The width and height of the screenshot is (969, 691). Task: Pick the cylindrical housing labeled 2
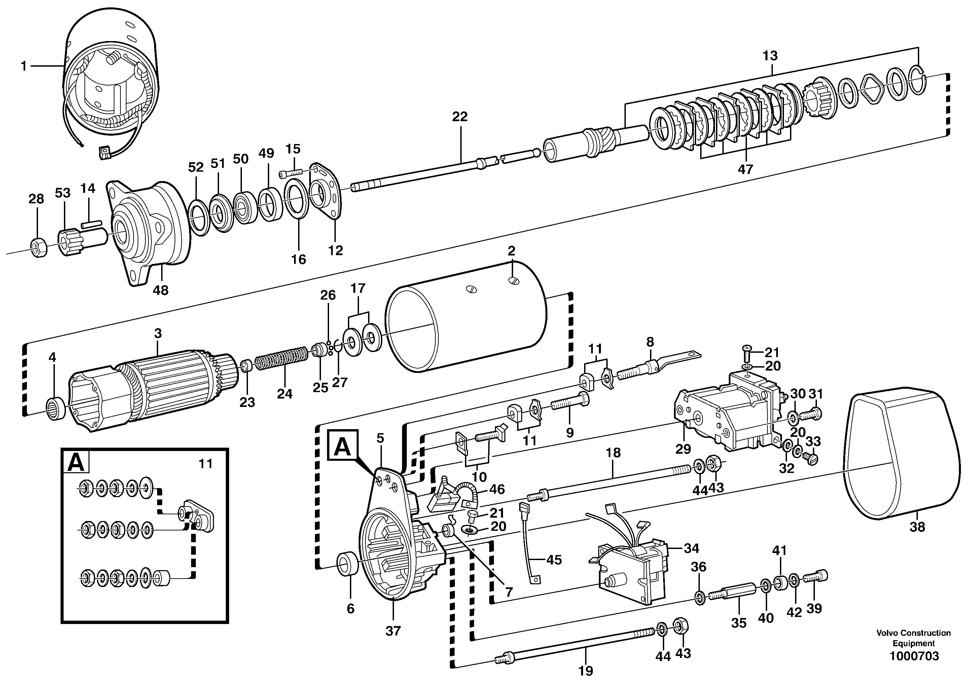468,323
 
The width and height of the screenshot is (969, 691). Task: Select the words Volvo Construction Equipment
914,638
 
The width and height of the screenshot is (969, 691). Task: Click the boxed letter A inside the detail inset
76,462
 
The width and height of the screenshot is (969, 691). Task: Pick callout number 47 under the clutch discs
745,169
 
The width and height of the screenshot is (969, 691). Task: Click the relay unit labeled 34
630,570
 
